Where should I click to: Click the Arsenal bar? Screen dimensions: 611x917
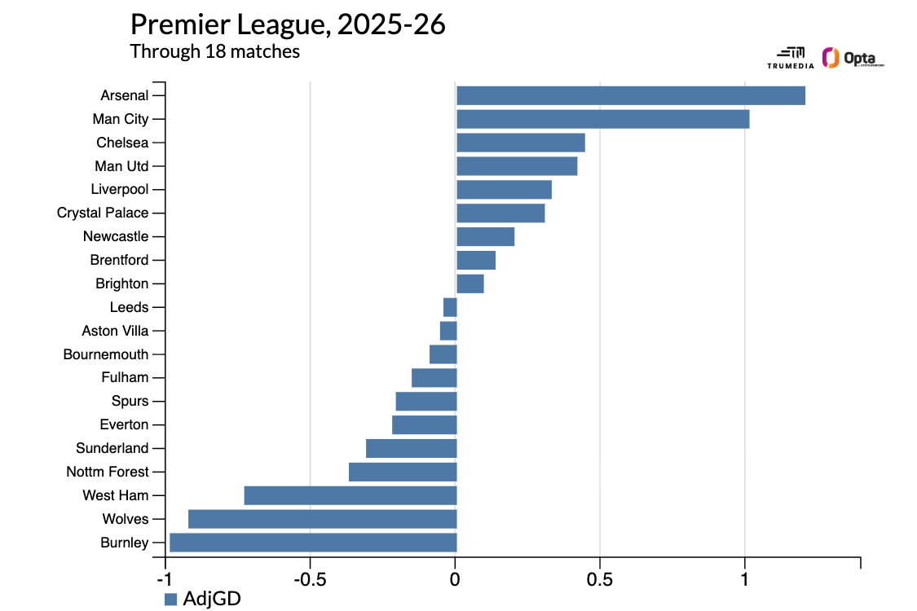tap(630, 95)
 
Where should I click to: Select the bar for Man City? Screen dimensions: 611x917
tap(602, 119)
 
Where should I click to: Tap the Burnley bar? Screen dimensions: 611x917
tap(312, 543)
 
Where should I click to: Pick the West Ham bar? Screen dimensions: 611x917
tap(350, 495)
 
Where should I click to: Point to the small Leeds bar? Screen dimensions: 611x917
tap(450, 307)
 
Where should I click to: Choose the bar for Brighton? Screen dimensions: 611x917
tap(470, 284)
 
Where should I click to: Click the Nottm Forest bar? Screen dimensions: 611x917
tap(402, 472)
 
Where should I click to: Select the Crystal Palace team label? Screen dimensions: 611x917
tap(103, 213)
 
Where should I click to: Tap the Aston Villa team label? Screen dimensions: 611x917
tap(115, 331)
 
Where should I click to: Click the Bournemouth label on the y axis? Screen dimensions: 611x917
tap(106, 354)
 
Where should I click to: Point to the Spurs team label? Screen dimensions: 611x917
tap(130, 401)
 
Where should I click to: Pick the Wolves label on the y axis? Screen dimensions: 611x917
tap(126, 519)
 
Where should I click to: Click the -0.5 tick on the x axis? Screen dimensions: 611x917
tap(310, 580)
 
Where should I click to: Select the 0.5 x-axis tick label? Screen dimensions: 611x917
tap(599, 580)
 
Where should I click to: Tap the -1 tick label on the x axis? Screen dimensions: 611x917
tap(165, 580)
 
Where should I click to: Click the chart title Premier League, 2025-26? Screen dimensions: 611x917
tap(288, 24)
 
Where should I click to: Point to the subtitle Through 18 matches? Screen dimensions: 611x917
tap(215, 51)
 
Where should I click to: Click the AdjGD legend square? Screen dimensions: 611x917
tap(170, 599)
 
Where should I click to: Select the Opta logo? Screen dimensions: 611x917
tap(853, 58)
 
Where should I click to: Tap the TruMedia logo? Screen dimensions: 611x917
tap(790, 56)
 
